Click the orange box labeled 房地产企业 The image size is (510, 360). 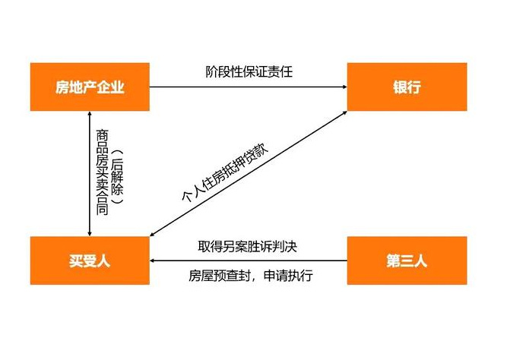(x=90, y=87)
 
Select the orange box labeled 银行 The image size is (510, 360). (x=407, y=87)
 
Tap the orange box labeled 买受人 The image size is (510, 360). (x=90, y=261)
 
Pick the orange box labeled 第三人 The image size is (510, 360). (x=407, y=261)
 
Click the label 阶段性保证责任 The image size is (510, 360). (x=249, y=72)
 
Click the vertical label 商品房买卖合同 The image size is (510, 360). (x=102, y=172)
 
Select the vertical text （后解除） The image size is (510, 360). (x=117, y=177)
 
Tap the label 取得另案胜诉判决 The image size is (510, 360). (x=248, y=247)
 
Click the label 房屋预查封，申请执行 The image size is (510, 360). (x=251, y=276)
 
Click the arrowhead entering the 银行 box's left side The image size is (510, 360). (x=345, y=87)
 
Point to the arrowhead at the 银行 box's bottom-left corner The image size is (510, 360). (x=344, y=112)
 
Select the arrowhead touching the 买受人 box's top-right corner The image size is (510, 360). (x=153, y=234)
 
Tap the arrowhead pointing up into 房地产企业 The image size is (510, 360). (x=90, y=113)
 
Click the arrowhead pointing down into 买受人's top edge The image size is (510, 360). (x=90, y=234)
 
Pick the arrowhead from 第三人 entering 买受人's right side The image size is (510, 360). (x=152, y=261)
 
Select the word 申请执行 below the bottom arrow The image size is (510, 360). (x=288, y=276)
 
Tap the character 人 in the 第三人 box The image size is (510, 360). (x=420, y=261)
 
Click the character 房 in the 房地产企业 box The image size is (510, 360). (x=62, y=87)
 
